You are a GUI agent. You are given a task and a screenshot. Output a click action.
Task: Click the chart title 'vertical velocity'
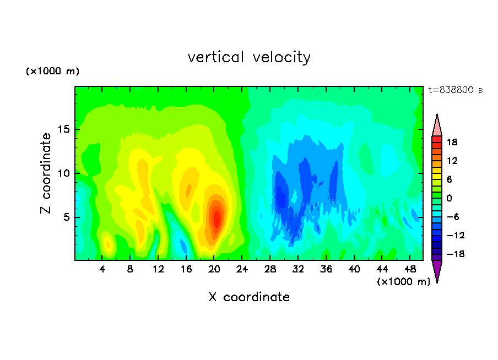(x=249, y=58)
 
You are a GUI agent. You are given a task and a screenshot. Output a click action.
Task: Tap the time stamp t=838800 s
(x=456, y=90)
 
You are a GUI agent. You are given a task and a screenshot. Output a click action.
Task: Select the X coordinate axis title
(x=249, y=297)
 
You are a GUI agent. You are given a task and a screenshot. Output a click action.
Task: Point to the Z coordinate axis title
(x=46, y=173)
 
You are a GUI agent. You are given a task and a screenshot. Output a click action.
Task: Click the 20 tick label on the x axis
(x=214, y=270)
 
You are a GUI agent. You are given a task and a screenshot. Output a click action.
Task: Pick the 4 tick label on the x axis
(x=102, y=270)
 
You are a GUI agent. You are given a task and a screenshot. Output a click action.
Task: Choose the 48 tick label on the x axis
(x=410, y=270)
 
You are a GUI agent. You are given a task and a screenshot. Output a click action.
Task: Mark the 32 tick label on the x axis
(x=298, y=270)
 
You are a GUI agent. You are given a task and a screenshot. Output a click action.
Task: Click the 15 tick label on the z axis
(x=64, y=129)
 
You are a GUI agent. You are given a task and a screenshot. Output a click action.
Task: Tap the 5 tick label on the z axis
(x=67, y=217)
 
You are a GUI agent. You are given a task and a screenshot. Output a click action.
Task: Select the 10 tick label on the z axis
(x=64, y=173)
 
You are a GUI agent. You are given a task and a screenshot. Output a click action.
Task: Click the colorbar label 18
(x=452, y=143)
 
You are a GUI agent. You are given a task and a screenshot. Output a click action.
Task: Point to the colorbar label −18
(x=455, y=254)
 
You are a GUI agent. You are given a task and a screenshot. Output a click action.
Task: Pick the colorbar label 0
(x=449, y=198)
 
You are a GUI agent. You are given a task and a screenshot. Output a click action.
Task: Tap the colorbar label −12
(x=455, y=236)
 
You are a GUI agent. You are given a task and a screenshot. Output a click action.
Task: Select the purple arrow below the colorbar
(x=437, y=270)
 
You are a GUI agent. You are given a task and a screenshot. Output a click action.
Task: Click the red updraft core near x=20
(x=217, y=218)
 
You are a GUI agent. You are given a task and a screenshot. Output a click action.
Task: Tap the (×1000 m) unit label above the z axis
(x=52, y=71)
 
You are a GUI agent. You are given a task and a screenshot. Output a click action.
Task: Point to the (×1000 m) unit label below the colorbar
(x=403, y=282)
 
